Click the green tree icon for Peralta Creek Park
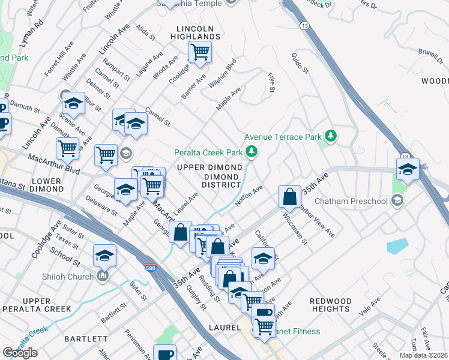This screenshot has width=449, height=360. coord(253,152)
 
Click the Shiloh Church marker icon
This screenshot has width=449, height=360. coord(103,276)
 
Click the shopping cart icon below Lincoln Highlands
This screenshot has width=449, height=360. coord(199,52)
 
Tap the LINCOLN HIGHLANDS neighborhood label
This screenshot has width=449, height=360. coord(198,32)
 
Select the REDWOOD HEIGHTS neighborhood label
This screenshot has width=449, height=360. coord(330,305)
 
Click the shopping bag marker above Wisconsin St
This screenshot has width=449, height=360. coord(289,196)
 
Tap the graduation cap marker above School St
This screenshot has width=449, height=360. coord(104,256)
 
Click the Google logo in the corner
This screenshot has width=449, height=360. coord(19,353)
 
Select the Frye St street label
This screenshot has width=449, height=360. coord(271,83)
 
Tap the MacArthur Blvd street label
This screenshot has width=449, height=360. coord(53,163)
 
